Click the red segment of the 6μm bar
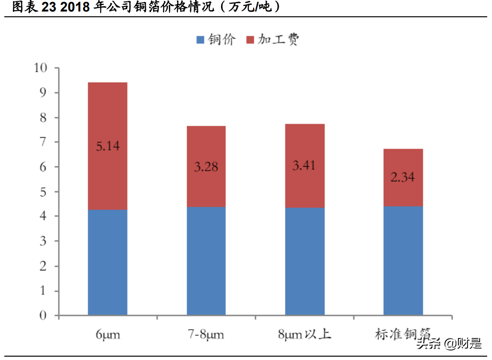tap(107, 115)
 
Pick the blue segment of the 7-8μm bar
tap(206, 261)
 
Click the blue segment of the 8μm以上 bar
tap(305, 261)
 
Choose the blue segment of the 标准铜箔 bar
tap(403, 261)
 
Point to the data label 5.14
tap(107, 146)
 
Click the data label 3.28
tap(206, 167)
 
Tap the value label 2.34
tap(403, 177)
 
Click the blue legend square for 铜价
tap(200, 40)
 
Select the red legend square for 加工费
tap(249, 40)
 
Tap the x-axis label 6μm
tap(107, 334)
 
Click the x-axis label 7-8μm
tap(206, 334)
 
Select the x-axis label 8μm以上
tap(305, 334)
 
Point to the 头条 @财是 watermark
tap(449, 343)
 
